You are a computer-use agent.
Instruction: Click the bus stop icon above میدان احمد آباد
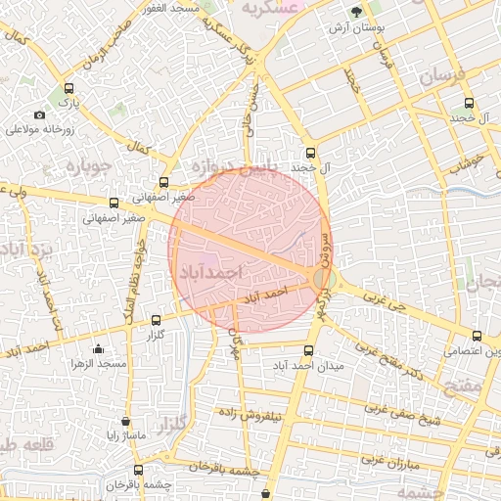coord(309,350)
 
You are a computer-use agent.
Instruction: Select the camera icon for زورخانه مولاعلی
coord(39,114)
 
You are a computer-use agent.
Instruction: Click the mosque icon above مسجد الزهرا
coord(98,349)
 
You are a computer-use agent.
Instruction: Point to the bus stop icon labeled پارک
coord(67,88)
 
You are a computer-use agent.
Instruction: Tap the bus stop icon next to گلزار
coord(156,320)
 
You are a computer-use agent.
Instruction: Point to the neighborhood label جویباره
coord(90,166)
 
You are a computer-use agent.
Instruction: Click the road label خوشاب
coord(469,162)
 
